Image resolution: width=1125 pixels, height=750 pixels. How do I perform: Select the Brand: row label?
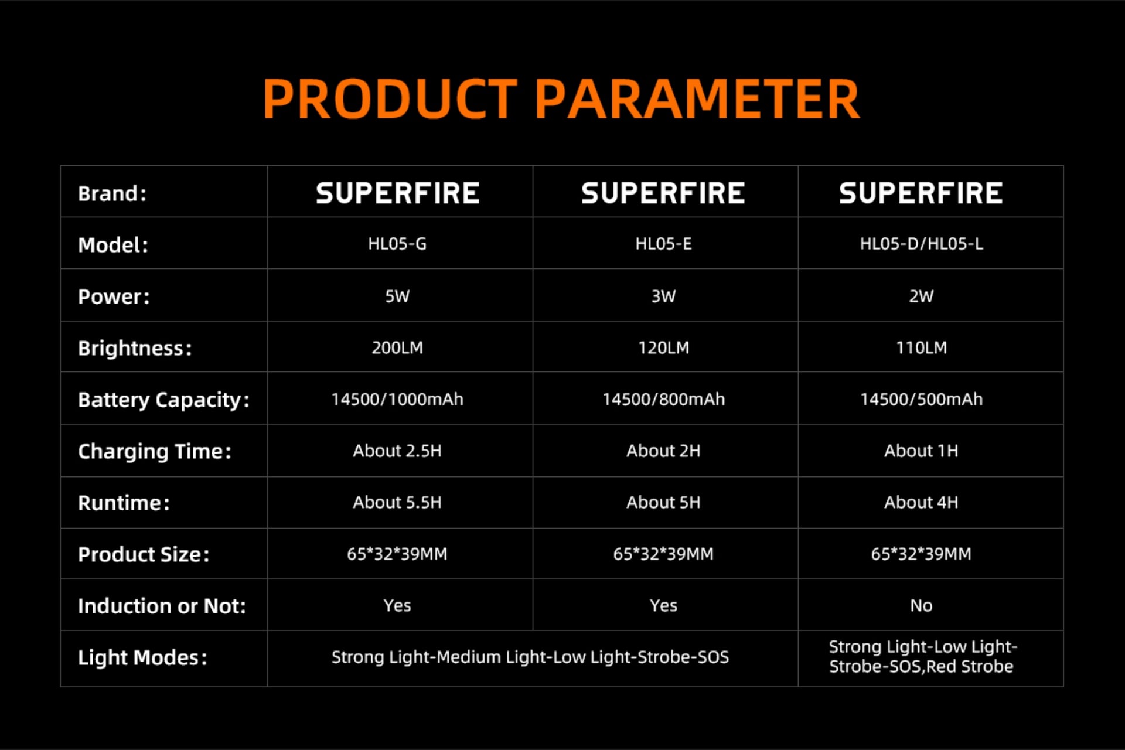pos(112,193)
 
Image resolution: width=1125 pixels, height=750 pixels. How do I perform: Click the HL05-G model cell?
pos(397,244)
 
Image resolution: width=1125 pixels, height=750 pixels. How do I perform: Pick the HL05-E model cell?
pos(664,244)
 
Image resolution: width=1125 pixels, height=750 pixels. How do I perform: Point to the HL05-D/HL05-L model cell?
pos(922,244)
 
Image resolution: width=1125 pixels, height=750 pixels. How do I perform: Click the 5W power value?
pos(397,296)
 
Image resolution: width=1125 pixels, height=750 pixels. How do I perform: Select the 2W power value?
pos(922,296)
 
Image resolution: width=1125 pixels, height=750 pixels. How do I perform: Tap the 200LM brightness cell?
pos(397,347)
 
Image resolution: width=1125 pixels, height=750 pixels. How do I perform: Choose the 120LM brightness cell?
pos(664,347)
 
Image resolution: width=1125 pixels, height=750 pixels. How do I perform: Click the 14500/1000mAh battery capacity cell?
pos(397,399)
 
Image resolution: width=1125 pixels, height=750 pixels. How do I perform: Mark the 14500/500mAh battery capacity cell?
pos(922,399)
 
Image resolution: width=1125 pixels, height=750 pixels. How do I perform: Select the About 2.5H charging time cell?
pos(397,451)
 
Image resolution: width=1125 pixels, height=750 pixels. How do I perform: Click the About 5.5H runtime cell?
pos(397,502)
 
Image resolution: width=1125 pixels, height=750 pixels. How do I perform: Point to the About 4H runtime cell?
pos(922,502)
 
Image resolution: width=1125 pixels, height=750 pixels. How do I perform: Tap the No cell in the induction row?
pos(922,605)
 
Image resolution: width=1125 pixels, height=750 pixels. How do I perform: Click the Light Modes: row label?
pos(143,658)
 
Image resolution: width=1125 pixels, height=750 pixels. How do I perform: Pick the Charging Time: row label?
pos(155,452)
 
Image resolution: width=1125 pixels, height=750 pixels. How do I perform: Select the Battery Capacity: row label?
pos(164,400)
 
